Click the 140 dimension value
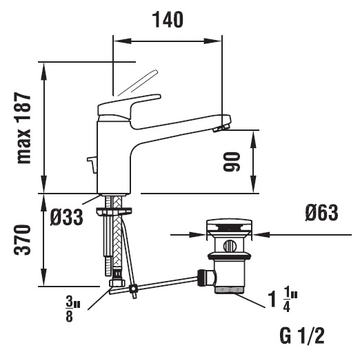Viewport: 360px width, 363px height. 168,20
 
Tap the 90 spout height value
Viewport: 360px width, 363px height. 231,162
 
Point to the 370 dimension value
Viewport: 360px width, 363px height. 22,240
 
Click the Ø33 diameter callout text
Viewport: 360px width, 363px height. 66,217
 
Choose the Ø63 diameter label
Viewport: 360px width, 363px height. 321,213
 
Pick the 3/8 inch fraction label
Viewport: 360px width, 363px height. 72,310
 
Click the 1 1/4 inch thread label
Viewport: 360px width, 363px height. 283,301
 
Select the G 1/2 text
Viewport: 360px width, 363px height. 302,335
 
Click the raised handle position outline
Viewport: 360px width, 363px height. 138,83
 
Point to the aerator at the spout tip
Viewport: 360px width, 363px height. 221,128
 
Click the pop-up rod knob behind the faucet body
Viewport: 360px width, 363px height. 92,165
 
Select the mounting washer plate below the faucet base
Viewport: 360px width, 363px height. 114,211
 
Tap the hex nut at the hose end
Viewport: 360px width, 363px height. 117,283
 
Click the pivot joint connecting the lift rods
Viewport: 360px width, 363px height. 134,289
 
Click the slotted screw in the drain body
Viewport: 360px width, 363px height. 229,246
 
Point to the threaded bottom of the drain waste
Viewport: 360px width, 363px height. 229,290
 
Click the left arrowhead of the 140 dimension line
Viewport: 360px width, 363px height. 122,41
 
